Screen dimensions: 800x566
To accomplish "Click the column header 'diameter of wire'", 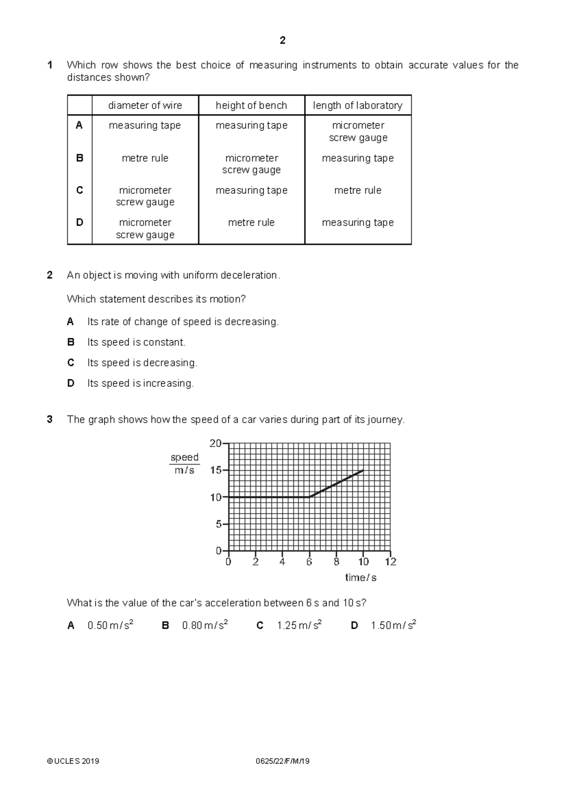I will (145, 106).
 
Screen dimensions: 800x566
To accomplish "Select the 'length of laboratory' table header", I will (358, 106).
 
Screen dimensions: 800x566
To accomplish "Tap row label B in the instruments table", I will (79, 158).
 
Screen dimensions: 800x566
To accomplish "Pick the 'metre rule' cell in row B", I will (145, 158).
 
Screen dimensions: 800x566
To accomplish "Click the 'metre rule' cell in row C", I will (358, 190).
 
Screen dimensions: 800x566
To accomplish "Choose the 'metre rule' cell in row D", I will (251, 222).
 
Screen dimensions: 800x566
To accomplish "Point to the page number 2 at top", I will (283, 41).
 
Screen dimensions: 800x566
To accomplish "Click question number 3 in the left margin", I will (50, 419).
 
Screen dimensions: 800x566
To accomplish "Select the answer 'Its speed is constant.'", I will (136, 343).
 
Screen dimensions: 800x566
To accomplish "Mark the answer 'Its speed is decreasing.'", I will (142, 363).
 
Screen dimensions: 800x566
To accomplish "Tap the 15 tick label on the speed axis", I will (216, 470).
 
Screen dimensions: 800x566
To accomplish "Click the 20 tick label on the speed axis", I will (216, 443).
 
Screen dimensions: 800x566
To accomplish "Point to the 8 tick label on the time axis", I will (336, 562).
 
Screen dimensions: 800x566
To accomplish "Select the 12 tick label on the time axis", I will (391, 562).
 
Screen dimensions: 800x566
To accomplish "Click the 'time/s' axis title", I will (360, 578).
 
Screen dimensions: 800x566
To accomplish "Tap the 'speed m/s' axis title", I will (184, 464).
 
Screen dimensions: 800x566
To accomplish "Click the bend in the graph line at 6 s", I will (309, 497).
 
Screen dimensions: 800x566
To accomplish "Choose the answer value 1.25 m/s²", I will (299, 626).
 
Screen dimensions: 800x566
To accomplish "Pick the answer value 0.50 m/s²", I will (110, 626).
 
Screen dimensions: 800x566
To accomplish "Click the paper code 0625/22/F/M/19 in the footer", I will (283, 761).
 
